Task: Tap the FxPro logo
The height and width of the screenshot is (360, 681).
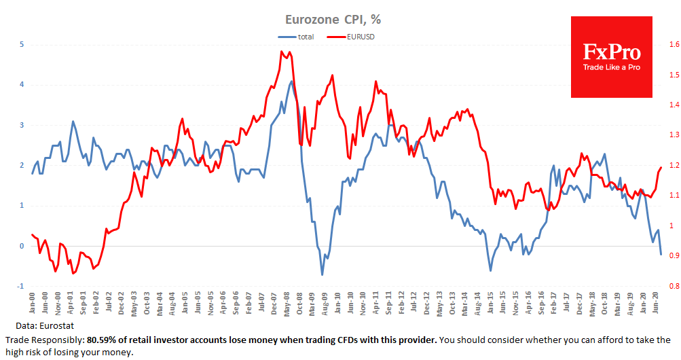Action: [610, 57]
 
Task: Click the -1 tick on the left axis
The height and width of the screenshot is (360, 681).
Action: [21, 286]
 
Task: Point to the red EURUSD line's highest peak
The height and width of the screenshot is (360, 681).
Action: [281, 51]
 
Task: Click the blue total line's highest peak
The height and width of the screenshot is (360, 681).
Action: [292, 82]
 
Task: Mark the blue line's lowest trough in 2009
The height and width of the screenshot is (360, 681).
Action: [322, 274]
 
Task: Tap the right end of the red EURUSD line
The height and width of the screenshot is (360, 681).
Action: [661, 167]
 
